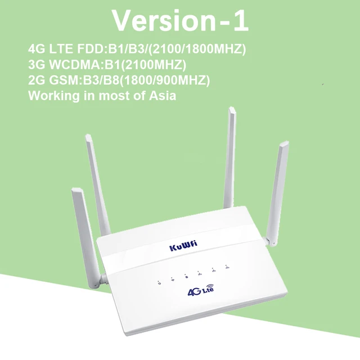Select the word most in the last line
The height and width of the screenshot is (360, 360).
pyautogui.click(x=110, y=96)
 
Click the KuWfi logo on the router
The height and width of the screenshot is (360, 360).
pyautogui.click(x=183, y=247)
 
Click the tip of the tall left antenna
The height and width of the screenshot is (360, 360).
pyautogui.click(x=88, y=137)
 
